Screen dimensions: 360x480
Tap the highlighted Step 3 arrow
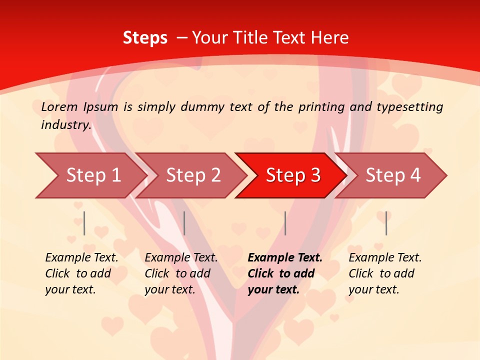(293, 175)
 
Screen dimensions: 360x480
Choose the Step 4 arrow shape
(393, 175)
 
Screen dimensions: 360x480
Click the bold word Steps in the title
(145, 38)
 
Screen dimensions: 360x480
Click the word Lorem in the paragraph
(59, 106)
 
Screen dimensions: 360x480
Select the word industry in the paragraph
(66, 124)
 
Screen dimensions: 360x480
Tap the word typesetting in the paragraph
(409, 106)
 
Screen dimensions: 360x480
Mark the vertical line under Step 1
(84, 223)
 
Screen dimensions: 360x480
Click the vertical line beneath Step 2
(184, 223)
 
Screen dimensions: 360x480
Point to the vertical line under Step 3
(285, 223)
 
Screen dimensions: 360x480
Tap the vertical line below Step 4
(386, 223)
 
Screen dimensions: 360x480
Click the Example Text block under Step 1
(81, 273)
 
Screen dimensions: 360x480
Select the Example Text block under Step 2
(181, 273)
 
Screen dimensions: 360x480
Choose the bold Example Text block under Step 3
(285, 273)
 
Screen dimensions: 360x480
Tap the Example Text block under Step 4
(385, 273)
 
